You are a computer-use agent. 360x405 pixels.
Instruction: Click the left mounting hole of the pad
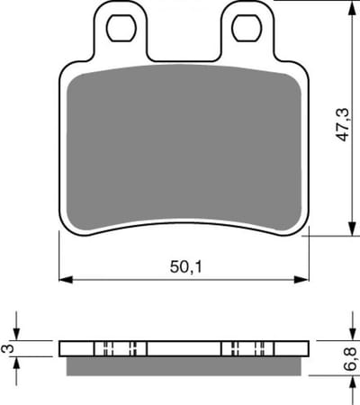(x=121, y=28)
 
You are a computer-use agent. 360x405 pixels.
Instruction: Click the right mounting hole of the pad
(x=247, y=28)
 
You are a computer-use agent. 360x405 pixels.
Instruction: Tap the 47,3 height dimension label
(x=343, y=124)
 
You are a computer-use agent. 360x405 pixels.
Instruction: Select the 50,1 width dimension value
(x=186, y=266)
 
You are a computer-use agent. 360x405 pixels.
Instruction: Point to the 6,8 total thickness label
(x=351, y=358)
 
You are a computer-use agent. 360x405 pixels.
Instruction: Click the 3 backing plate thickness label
(x=8, y=348)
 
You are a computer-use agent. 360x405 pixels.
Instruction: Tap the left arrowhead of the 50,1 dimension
(x=66, y=279)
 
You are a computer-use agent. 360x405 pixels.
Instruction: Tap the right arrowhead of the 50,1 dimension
(x=301, y=279)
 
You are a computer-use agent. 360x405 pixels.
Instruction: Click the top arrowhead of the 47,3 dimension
(x=352, y=8)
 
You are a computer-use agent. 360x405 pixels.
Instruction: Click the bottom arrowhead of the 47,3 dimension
(x=352, y=229)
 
